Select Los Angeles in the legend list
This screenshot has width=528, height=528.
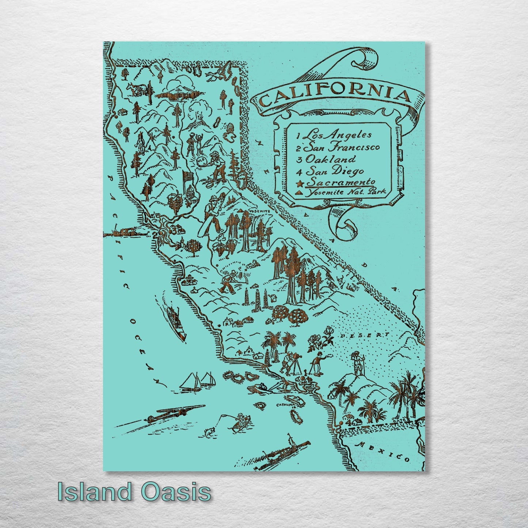pyautogui.click(x=338, y=135)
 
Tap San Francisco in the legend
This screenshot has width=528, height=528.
pyautogui.click(x=342, y=147)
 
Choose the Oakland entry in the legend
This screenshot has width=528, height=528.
pyautogui.click(x=330, y=159)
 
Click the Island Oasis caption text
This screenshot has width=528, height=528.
pyautogui.click(x=134, y=492)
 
